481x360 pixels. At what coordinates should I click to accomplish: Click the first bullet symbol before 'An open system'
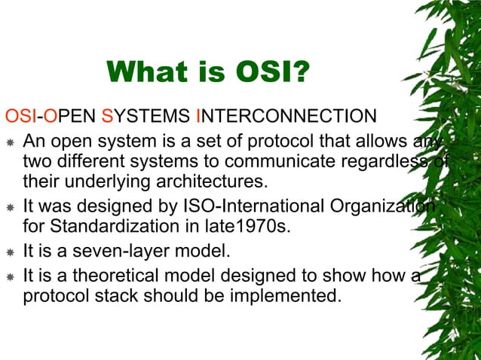[11, 142]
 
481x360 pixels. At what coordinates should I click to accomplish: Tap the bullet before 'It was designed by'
[11, 207]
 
